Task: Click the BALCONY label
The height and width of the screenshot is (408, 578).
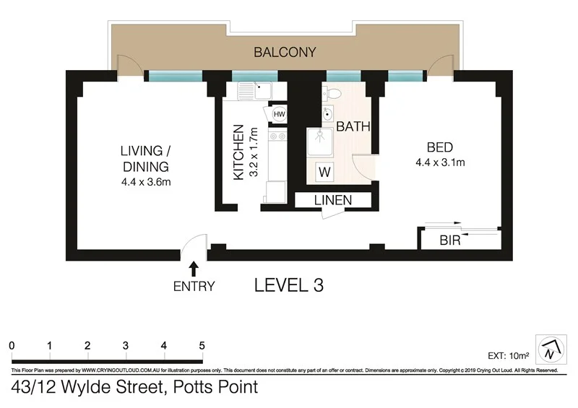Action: coord(285,52)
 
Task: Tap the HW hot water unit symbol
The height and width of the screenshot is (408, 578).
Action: coord(278,113)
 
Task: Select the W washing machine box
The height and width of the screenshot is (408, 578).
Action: coord(325,172)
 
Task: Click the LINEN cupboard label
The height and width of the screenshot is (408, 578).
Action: coord(333,200)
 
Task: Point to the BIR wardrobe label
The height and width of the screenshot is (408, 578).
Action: coord(450,240)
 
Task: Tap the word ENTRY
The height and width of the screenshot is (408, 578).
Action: coord(194,286)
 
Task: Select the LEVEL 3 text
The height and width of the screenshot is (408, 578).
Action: coord(288,285)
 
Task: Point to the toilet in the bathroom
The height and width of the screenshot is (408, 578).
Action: coord(333,92)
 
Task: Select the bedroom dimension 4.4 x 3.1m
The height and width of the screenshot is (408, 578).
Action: coord(439,162)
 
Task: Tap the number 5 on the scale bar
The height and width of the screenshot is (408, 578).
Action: coord(202,344)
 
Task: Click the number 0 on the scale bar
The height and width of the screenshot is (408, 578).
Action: coord(12,344)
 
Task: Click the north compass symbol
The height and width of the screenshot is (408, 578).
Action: coord(550,350)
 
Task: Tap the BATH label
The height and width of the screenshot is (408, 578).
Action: coord(353,126)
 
